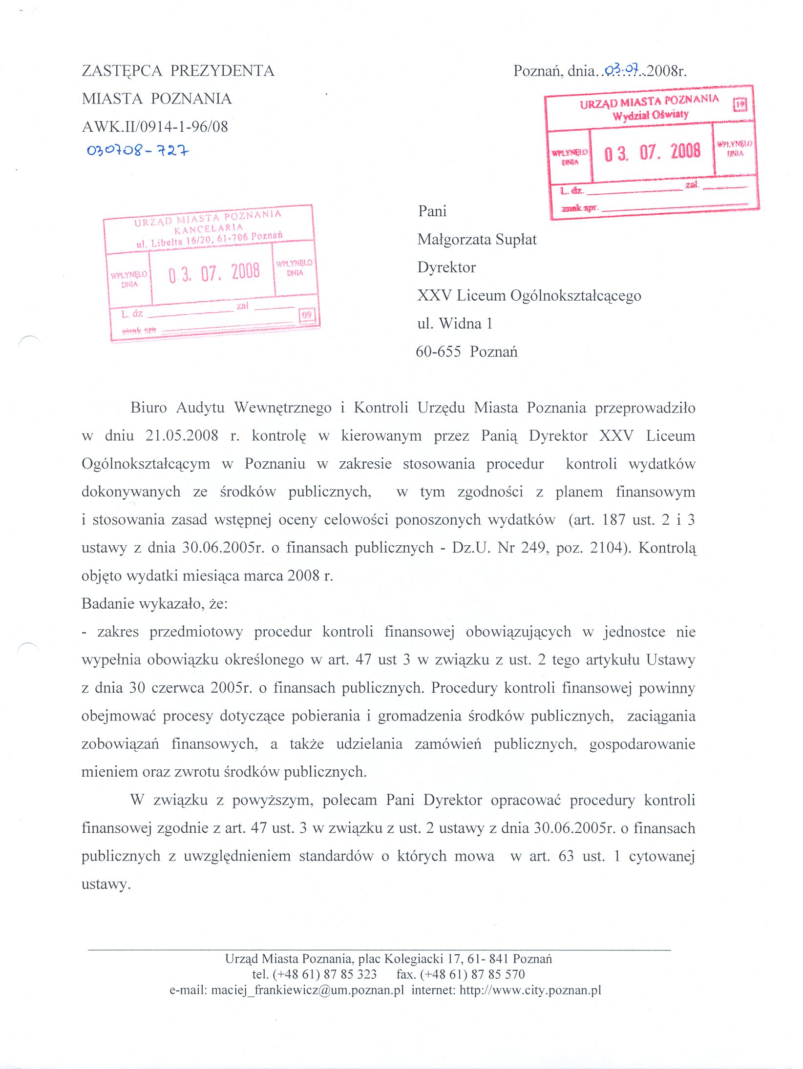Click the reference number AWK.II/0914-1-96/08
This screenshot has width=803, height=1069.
(155, 127)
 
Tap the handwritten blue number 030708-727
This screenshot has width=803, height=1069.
(138, 150)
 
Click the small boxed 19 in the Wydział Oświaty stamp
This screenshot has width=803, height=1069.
(740, 104)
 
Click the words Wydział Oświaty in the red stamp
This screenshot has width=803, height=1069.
(650, 115)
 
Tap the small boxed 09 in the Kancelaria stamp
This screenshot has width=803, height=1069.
(307, 315)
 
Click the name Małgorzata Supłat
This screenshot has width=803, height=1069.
(477, 240)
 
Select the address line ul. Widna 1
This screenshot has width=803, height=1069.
(455, 324)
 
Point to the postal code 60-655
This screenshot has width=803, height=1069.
(438, 352)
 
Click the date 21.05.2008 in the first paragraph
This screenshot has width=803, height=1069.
(182, 435)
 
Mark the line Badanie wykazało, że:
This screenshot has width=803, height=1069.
(154, 604)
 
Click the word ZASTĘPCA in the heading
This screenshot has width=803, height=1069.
(122, 71)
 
